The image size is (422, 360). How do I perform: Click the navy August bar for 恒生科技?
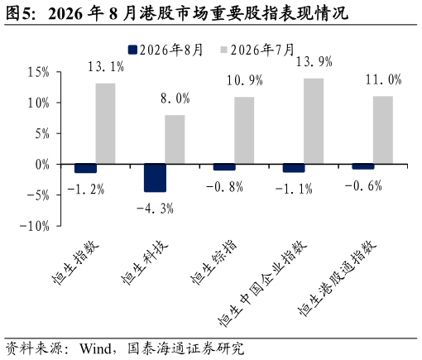pyautogui.click(x=156, y=178)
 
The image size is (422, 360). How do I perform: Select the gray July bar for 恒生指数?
pyautogui.click(x=105, y=123)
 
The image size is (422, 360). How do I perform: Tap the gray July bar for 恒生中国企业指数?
pyautogui.click(x=314, y=122)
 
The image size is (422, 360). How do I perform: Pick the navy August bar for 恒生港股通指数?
pyautogui.click(x=363, y=166)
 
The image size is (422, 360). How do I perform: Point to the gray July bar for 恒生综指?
pyautogui.click(x=244, y=131)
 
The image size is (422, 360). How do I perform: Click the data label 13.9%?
pyautogui.click(x=314, y=61)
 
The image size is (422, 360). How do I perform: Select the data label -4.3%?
pyautogui.click(x=155, y=209)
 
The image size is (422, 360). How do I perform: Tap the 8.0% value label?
pyautogui.click(x=175, y=98)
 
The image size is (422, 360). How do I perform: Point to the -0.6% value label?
pyautogui.click(x=363, y=185)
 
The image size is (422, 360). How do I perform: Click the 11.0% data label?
pyautogui.click(x=383, y=79)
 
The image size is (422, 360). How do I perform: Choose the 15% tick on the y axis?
pyautogui.click(x=38, y=72)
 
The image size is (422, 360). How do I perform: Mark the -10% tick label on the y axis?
pyautogui.click(x=35, y=226)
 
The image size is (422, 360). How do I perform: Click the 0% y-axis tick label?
pyautogui.click(x=42, y=165)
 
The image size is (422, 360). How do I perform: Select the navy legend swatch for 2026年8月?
pyautogui.click(x=132, y=50)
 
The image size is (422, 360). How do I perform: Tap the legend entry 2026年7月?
pyautogui.click(x=257, y=50)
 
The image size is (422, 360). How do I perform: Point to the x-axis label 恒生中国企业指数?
pyautogui.click(x=262, y=283)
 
